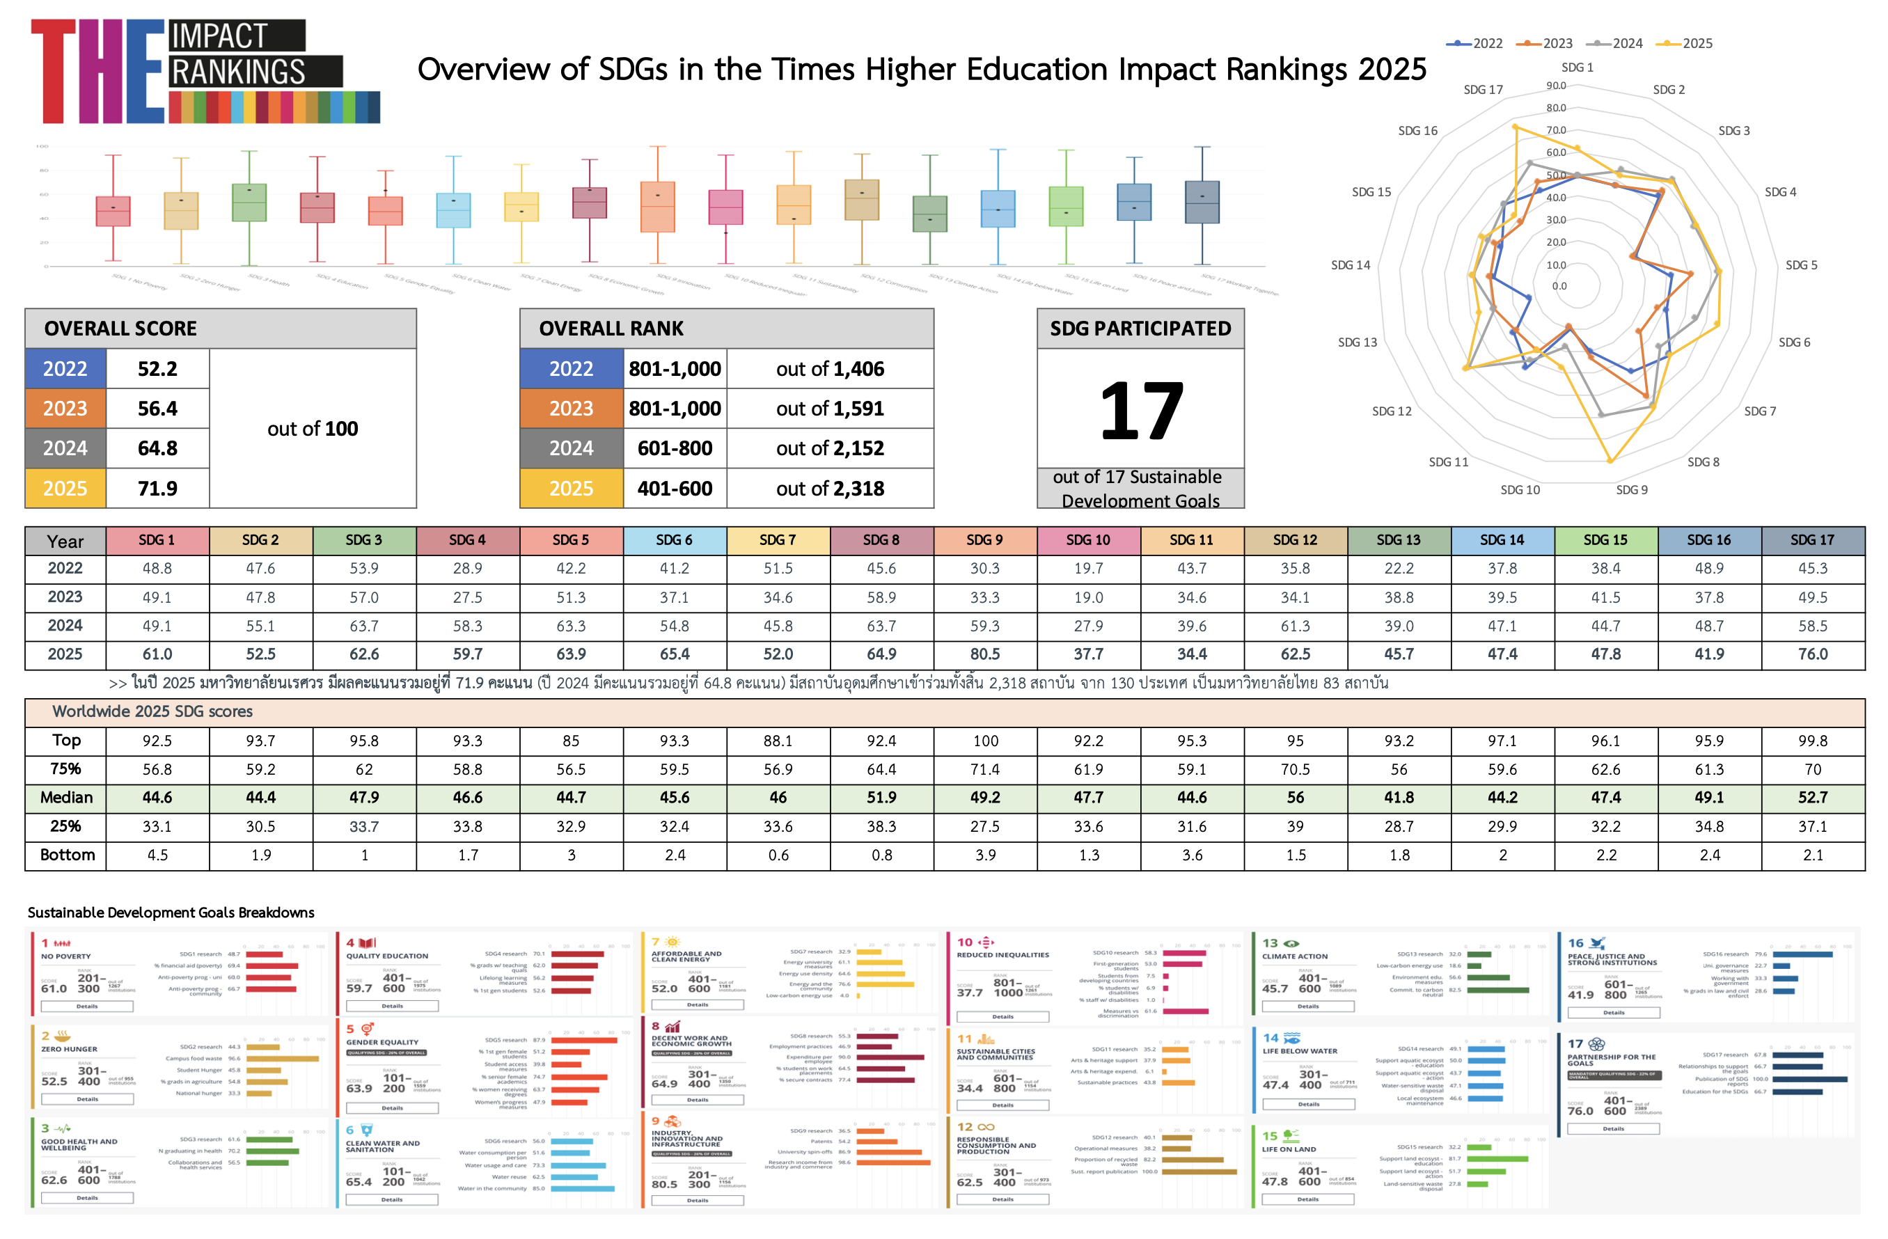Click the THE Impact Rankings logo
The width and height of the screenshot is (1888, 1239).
[x=205, y=72]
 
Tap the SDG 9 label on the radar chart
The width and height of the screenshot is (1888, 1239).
[x=1631, y=490]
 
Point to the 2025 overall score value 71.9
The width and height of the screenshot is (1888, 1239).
[x=157, y=489]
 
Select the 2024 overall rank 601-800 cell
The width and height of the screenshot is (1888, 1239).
[x=675, y=449]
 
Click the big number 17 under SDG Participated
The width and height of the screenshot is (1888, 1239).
[x=1141, y=411]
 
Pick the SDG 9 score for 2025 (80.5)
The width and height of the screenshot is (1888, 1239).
[x=984, y=654]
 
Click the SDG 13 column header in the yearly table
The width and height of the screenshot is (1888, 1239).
[x=1398, y=540]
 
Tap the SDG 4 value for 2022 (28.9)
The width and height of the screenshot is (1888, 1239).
[x=467, y=569]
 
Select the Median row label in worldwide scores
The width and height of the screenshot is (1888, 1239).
[x=66, y=798]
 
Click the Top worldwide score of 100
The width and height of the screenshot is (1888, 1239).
[x=985, y=741]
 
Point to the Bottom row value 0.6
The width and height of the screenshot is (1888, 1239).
[x=778, y=855]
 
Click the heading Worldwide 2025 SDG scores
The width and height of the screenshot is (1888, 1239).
[x=152, y=711]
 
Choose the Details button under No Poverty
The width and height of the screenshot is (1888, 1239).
[x=87, y=1006]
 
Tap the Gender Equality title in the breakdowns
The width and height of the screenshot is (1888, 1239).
[x=381, y=1042]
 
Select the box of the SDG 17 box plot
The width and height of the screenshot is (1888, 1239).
[x=1202, y=203]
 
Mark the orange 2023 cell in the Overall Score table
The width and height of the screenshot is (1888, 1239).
[x=65, y=409]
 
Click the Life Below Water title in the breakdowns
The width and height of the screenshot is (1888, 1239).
[x=1299, y=1051]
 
